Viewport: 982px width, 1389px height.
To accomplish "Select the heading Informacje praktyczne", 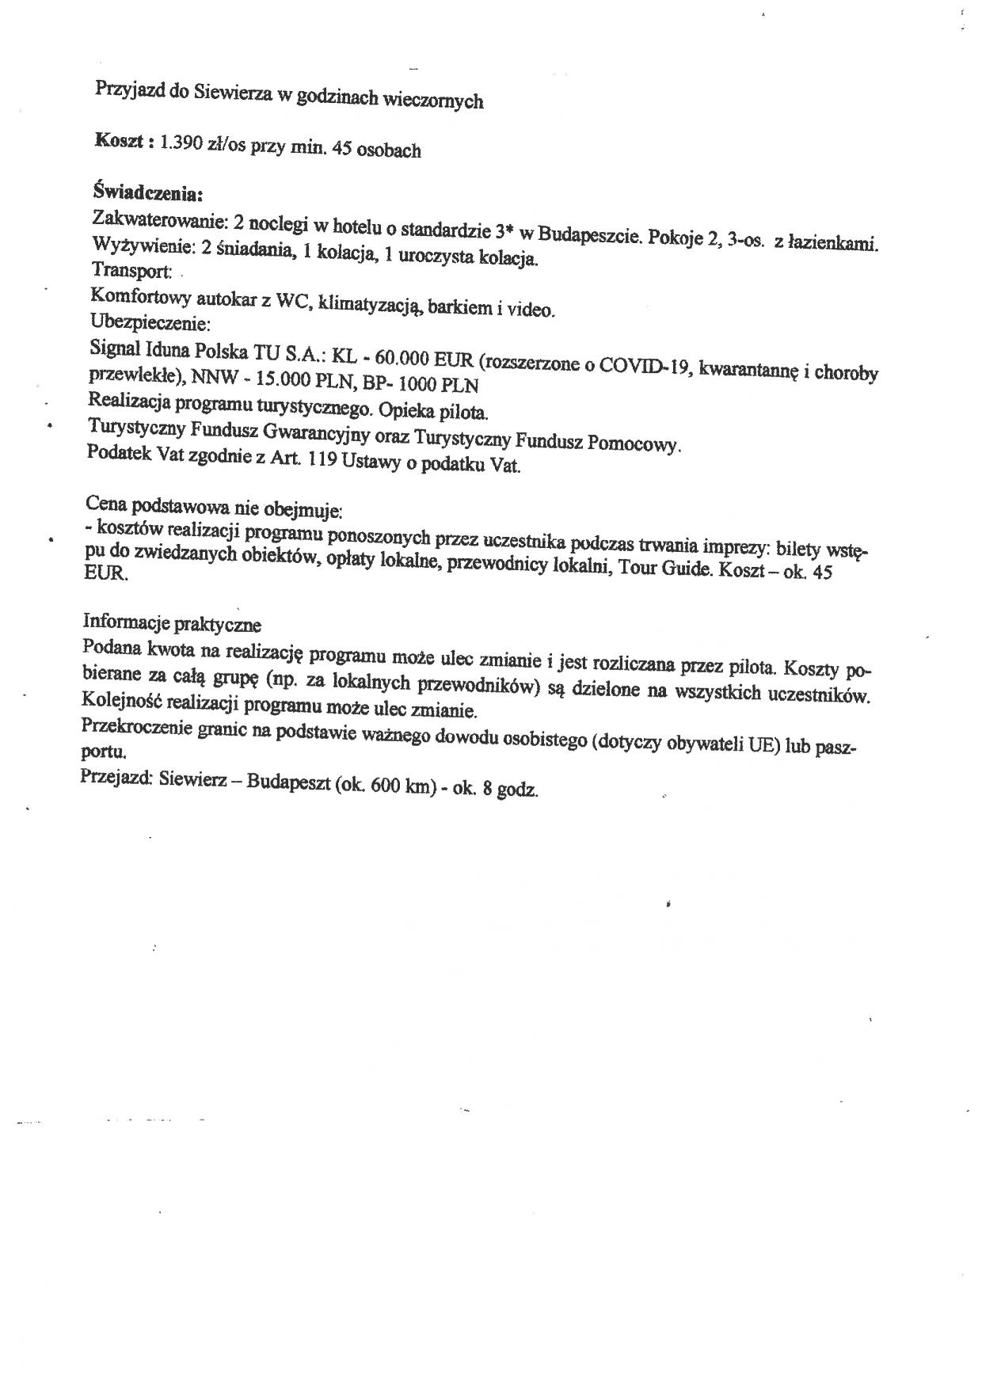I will tap(172, 624).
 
